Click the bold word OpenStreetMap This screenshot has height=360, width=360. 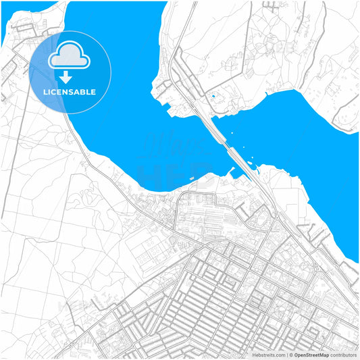(311, 354)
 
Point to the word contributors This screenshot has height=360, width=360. (343, 354)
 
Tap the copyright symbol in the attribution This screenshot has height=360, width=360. (291, 354)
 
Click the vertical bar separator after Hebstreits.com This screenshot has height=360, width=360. (286, 354)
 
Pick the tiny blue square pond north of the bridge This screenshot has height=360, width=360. (214, 97)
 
